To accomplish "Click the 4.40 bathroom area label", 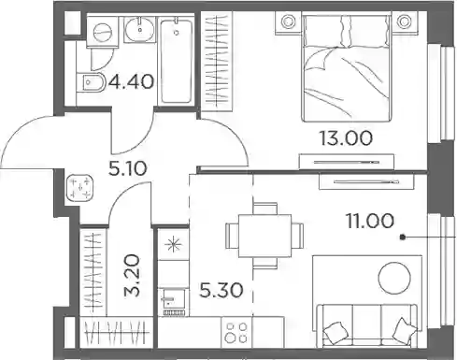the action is point(131,82).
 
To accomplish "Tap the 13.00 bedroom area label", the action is point(346,138).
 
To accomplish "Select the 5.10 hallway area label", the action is point(127,169).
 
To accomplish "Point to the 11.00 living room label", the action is point(370,221).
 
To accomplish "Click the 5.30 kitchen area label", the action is point(221,291).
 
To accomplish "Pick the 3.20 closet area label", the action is point(132,275).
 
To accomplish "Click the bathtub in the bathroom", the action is point(177,61).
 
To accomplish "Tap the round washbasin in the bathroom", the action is point(140,30).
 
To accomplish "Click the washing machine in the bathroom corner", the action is point(103,32).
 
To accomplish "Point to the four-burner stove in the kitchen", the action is point(236,332).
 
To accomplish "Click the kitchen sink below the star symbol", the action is point(174,302).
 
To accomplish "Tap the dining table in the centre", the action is point(264,236).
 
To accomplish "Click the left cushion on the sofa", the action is point(336,332).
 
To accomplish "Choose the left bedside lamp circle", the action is point(288,22).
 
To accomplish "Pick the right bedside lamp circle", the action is point(404,22).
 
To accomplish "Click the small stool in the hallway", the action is point(80,189).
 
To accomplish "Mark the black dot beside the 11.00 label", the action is point(403,238).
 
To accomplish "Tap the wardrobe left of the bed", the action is point(217,62).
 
